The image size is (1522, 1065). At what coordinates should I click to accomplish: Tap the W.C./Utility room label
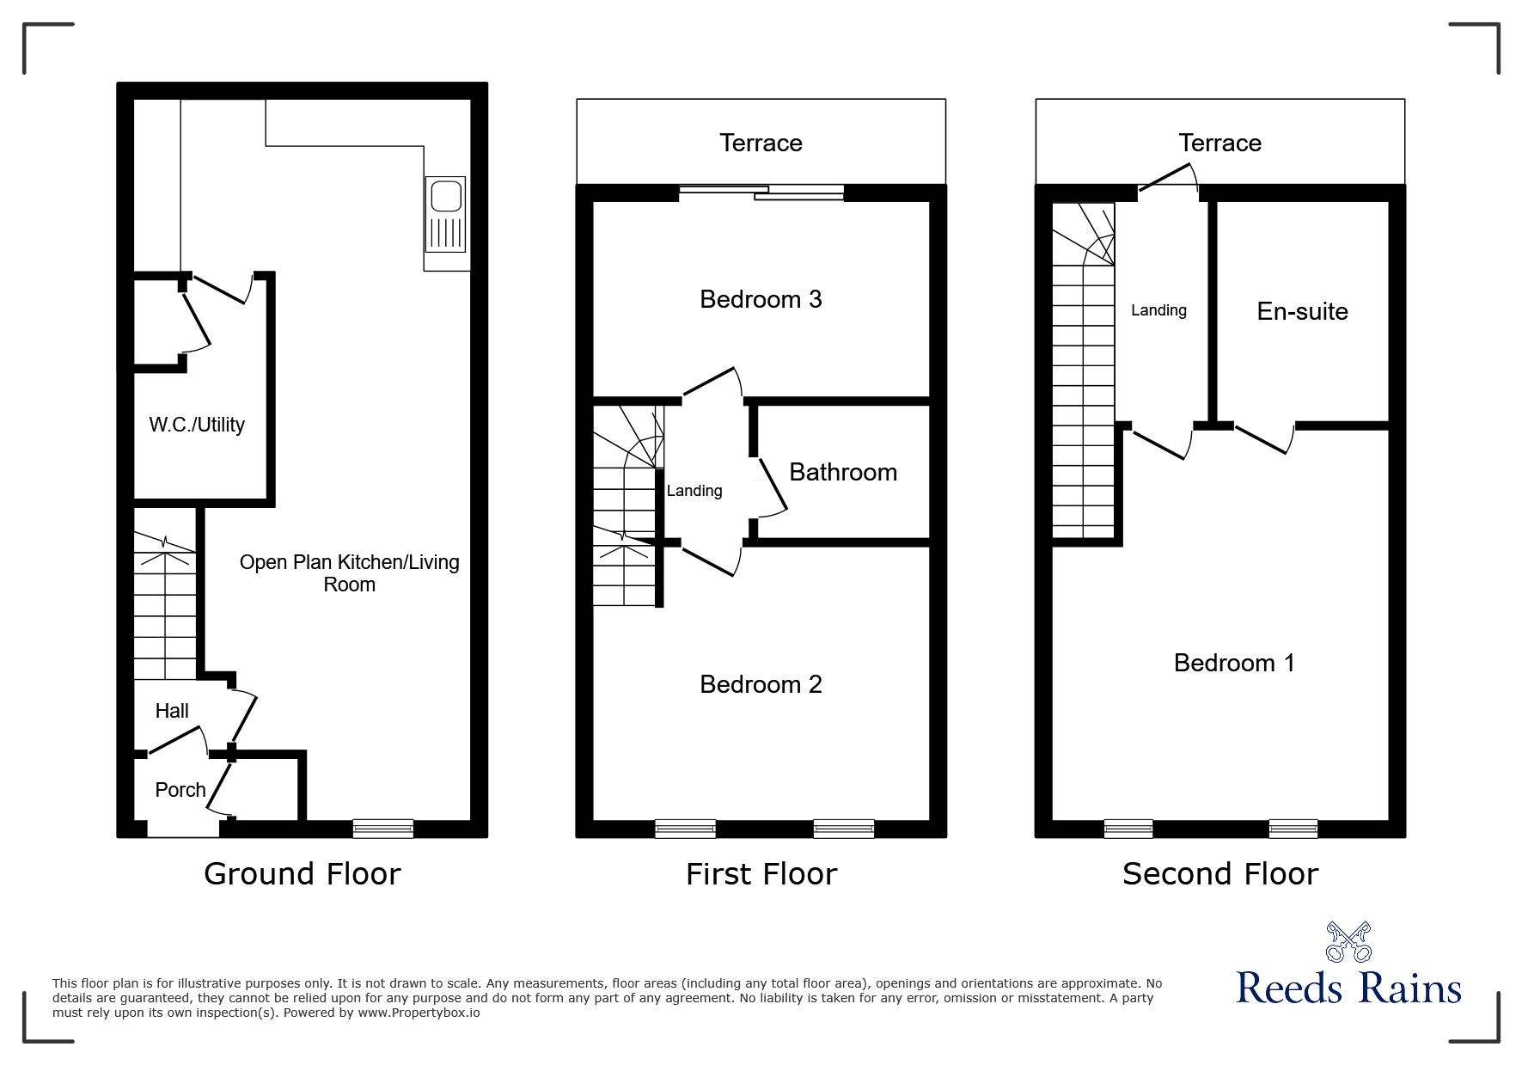tap(197, 425)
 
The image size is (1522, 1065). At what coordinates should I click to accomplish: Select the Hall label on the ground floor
tap(172, 711)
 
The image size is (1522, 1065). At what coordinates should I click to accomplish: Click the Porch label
tap(180, 790)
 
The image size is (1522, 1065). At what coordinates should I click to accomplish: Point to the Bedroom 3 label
tap(761, 299)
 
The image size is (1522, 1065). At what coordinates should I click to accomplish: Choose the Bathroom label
tap(843, 472)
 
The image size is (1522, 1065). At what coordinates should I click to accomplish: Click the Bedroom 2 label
tap(761, 684)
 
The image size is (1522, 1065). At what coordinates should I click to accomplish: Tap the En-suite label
tap(1302, 311)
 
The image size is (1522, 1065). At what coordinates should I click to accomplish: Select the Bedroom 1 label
tap(1234, 663)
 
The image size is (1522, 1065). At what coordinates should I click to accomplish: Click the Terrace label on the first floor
tap(761, 143)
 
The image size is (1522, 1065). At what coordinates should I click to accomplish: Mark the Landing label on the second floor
tap(1158, 310)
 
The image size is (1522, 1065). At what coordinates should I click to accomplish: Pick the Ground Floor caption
tap(303, 874)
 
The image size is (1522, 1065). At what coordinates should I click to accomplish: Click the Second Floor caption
tap(1220, 874)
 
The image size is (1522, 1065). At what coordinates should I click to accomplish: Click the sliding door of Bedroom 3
tap(761, 193)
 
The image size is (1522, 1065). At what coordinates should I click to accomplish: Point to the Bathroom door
tap(771, 487)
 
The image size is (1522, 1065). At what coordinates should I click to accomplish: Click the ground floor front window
tap(383, 829)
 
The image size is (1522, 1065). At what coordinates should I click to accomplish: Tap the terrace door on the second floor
tap(1168, 178)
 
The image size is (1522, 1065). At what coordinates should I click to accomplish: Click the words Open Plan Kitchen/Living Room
tap(349, 573)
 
